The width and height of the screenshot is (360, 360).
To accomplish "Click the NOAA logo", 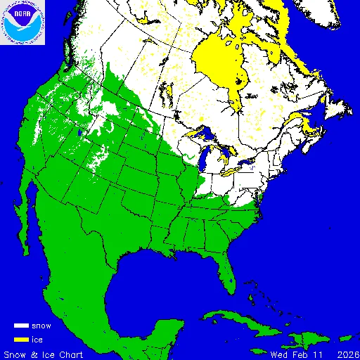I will coord(23,23).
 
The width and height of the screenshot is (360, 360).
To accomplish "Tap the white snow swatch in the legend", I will coord(22,326).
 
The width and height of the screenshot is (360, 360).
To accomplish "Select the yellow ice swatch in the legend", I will coord(22,339).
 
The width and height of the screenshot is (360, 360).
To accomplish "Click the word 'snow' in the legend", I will coord(41,326).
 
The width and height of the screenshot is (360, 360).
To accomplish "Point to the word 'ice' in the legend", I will coord(37,339).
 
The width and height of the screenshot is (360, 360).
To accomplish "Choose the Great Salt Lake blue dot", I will coord(82,131).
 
